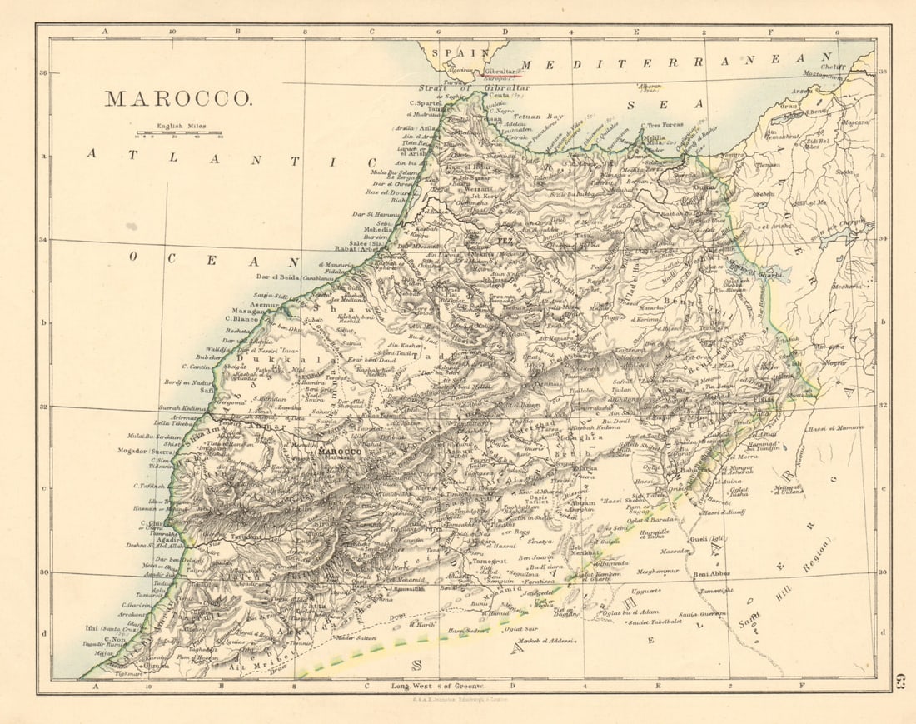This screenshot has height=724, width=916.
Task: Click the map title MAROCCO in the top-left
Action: click(x=177, y=98)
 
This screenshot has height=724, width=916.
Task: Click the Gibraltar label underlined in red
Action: click(x=499, y=72)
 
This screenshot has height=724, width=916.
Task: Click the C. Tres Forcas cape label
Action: click(x=662, y=125)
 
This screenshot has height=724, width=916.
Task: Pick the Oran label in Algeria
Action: click(x=787, y=106)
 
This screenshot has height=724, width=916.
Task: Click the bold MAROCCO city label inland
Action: click(x=341, y=451)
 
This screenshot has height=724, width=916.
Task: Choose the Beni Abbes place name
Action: click(x=710, y=573)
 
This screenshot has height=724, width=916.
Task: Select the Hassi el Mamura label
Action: click(x=835, y=427)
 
